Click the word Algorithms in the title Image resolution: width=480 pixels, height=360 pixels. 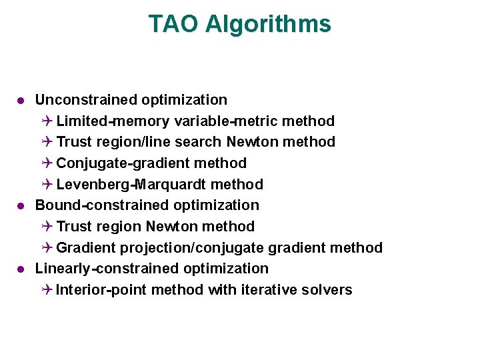point(268,24)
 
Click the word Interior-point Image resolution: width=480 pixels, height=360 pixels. point(101,290)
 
